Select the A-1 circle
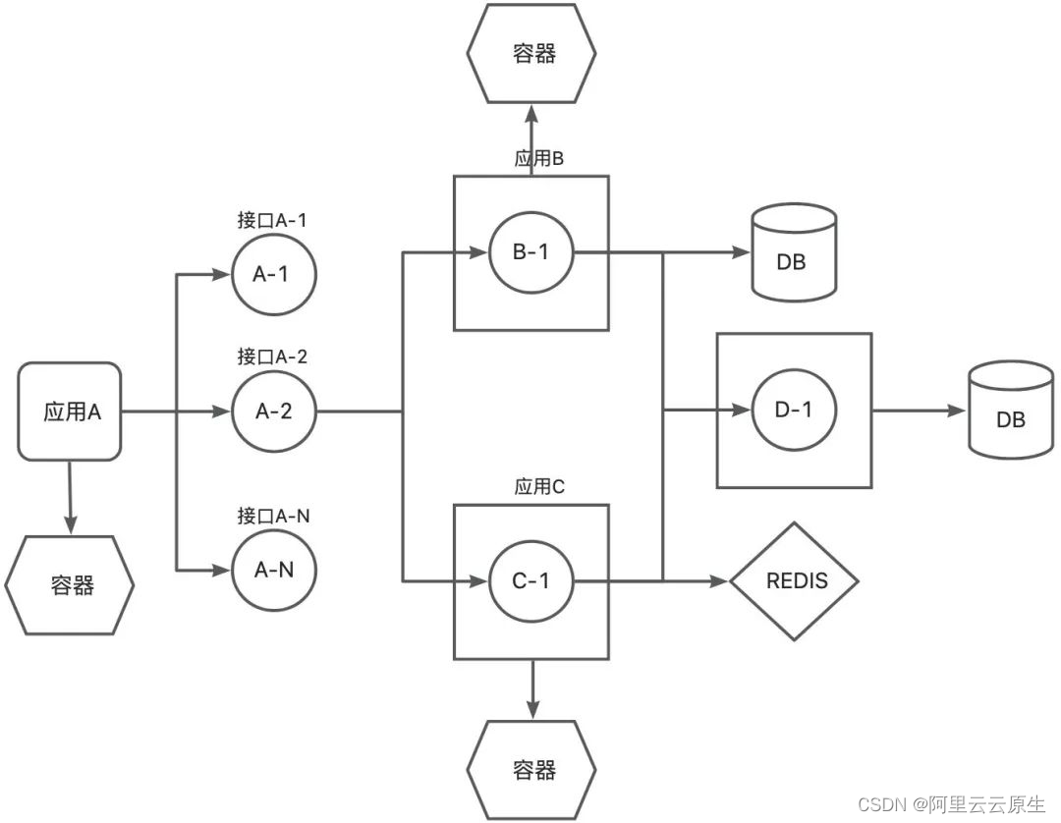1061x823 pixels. point(273,275)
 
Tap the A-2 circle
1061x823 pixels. point(273,411)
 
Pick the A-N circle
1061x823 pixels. point(273,570)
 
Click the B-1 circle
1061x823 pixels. point(531,252)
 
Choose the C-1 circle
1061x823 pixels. point(531,581)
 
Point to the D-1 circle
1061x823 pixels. point(794,411)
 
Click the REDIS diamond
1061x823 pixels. point(795,580)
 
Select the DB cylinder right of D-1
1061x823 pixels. point(1010,411)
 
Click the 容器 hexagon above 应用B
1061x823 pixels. point(532,53)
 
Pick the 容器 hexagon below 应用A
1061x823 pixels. point(71,586)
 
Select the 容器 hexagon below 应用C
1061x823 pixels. point(532,768)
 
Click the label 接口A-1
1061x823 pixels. point(272,221)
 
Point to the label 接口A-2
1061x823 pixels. point(272,357)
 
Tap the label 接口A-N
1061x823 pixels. point(272,516)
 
